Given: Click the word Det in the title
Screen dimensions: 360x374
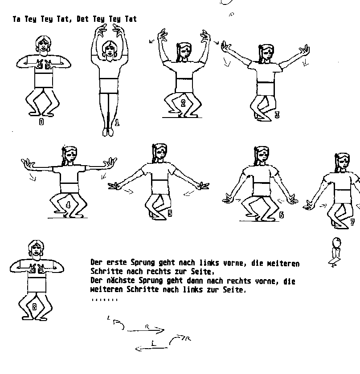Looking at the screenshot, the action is pos(82,19).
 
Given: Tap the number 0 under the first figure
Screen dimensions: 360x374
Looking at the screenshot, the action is pos(41,122).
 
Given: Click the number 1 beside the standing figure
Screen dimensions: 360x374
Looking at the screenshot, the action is pos(117,122).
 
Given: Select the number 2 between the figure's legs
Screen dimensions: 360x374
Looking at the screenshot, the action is pos(183,103).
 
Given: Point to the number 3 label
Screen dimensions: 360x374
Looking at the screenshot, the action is pos(277,115).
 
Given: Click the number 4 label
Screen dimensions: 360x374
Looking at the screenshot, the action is pos(68,205).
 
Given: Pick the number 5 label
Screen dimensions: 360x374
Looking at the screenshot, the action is pos(170,213).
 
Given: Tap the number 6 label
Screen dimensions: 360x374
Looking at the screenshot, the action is pos(282,215).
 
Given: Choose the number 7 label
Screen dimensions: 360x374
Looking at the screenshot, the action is pos(352,222).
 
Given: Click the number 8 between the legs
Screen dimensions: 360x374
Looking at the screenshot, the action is pos(34,307).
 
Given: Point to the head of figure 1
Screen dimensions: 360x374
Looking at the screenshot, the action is pos(109,49).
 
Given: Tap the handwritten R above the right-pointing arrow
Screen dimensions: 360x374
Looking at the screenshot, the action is pos(147,327).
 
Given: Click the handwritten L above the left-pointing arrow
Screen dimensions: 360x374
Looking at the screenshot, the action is pos(154,343).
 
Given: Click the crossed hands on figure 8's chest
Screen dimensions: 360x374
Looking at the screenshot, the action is pos(37,269).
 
